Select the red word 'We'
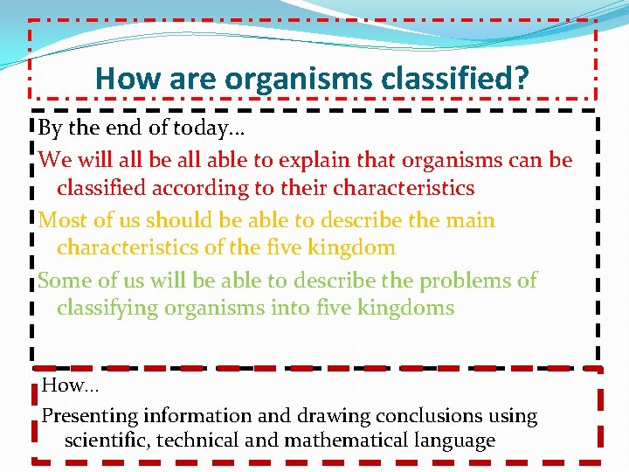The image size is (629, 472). click(53, 161)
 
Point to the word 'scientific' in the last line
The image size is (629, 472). click(106, 441)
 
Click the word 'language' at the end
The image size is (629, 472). click(455, 441)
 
